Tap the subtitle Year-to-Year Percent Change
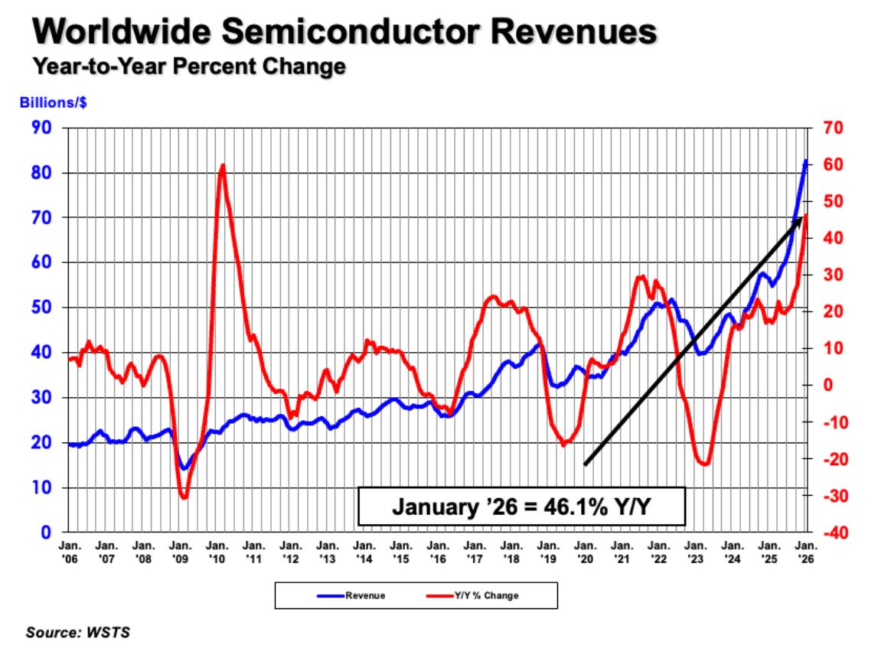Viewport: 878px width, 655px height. click(188, 67)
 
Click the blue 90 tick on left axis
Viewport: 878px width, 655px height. click(41, 128)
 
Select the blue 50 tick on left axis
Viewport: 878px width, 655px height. click(41, 308)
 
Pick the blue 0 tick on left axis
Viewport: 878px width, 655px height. click(46, 533)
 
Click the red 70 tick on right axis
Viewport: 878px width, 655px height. click(834, 128)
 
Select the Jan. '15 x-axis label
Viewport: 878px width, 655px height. click(400, 552)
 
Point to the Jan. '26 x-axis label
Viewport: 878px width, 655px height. click(805, 552)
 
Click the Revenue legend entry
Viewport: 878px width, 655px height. click(359, 595)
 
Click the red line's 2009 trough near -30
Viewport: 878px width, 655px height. click(184, 498)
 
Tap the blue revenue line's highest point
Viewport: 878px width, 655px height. click(805, 161)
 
